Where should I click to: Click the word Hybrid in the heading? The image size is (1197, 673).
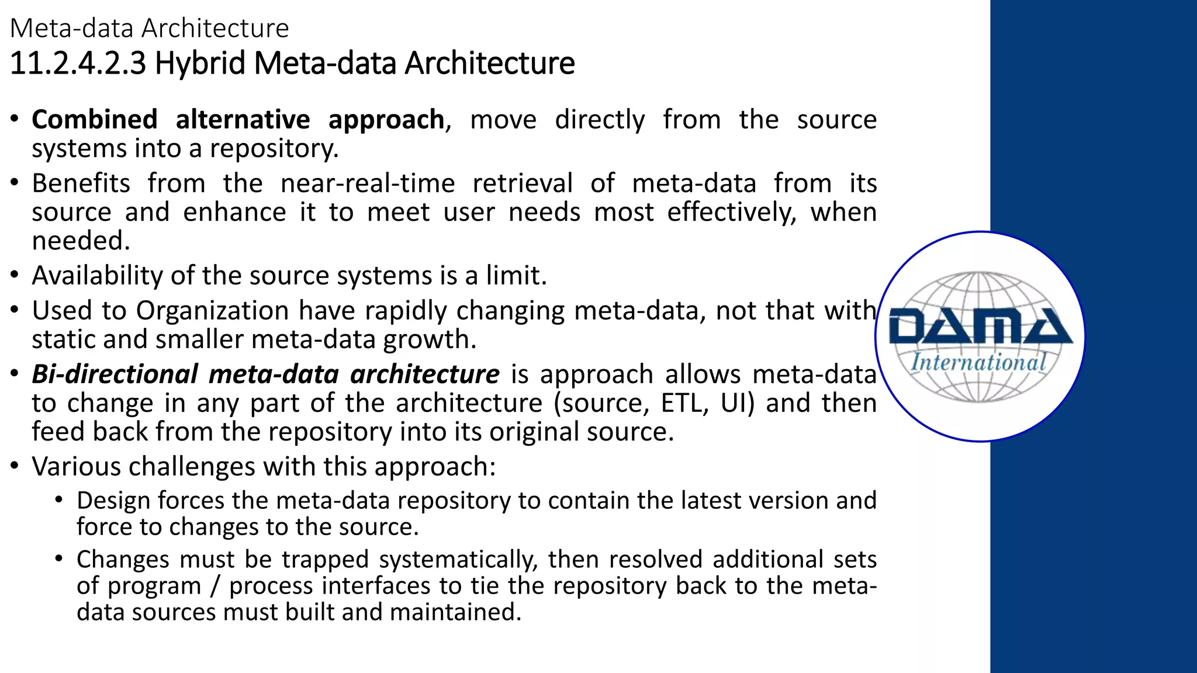[x=199, y=63]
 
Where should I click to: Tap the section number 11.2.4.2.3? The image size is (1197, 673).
[x=78, y=63]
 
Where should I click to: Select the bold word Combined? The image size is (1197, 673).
[x=95, y=120]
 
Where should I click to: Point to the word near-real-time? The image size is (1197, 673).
[x=367, y=183]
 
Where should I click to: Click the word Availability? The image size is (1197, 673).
[x=97, y=276]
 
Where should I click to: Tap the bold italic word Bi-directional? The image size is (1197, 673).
[x=115, y=374]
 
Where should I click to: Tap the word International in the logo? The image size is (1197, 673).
[x=978, y=362]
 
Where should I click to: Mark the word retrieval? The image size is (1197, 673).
[x=522, y=183]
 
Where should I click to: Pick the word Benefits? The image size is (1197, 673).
[x=81, y=183]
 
